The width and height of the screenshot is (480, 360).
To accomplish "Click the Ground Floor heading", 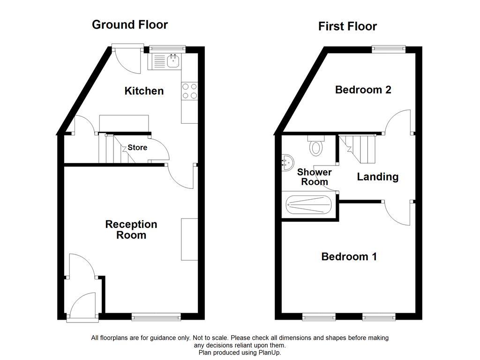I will coord(130,25).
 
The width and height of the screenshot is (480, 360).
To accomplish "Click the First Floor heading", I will coord(347,26).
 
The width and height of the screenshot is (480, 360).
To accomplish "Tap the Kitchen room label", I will coord(144,91).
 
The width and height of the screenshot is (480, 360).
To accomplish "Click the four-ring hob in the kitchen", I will coord(189,91).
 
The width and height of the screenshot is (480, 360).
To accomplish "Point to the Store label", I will coord(137,148).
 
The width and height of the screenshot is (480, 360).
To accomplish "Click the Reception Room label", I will coord(131,230).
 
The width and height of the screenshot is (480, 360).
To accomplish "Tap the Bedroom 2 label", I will coord(363,90).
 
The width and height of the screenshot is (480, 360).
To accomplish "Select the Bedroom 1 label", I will coord(349,256).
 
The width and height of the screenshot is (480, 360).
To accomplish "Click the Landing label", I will coord(378,177).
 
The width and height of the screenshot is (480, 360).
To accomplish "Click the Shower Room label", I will coord(314,177).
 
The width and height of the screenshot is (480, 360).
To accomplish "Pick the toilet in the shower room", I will coord(316,146).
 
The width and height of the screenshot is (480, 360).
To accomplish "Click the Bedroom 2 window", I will coord(389,48).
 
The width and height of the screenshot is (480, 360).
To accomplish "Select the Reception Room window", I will coord(156,317).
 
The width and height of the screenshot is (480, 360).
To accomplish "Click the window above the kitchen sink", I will coord(167,48).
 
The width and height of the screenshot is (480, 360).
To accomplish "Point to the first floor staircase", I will coord(359,148).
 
